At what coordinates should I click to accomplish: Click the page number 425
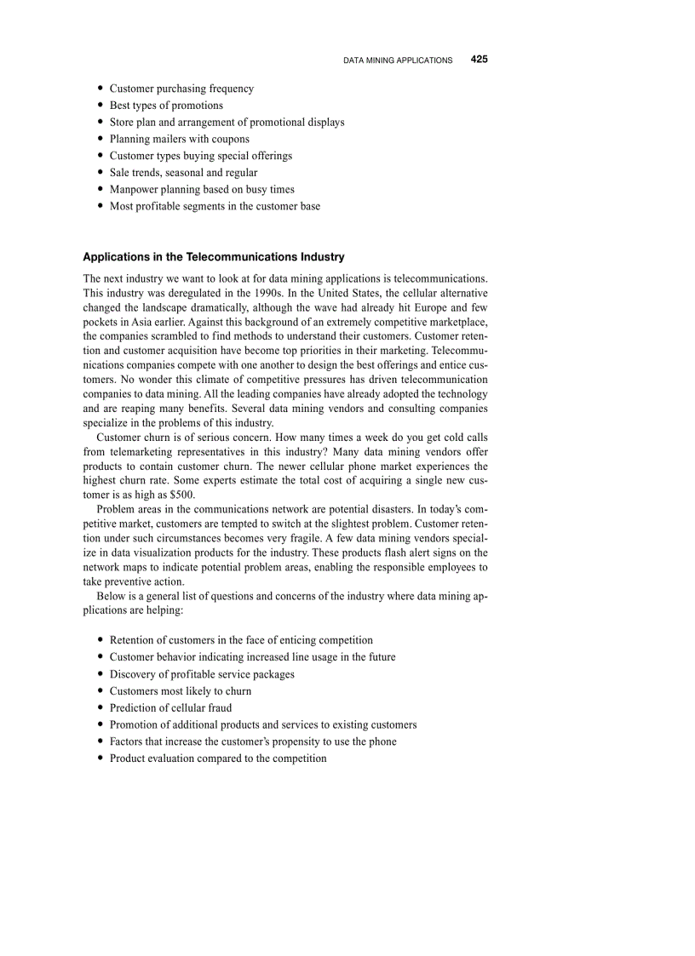[479, 60]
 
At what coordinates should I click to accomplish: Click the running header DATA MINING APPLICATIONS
[398, 60]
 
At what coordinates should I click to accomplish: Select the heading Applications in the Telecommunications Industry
[214, 256]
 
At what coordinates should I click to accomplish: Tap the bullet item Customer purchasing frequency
[181, 89]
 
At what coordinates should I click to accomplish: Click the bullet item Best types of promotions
[166, 106]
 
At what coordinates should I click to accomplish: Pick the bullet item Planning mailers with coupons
[180, 139]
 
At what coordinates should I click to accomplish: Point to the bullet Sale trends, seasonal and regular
[183, 173]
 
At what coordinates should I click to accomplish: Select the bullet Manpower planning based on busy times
[202, 189]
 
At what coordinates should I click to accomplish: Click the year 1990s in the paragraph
[243, 293]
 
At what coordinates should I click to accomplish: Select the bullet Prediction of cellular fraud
[170, 707]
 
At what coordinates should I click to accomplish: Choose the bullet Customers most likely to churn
[181, 691]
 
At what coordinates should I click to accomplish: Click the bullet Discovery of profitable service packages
[202, 674]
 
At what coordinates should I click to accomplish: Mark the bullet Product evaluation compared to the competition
[218, 758]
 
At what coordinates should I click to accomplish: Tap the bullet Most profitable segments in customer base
[215, 206]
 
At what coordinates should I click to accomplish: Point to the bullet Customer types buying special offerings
[201, 156]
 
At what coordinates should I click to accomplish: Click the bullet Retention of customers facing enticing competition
[241, 640]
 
